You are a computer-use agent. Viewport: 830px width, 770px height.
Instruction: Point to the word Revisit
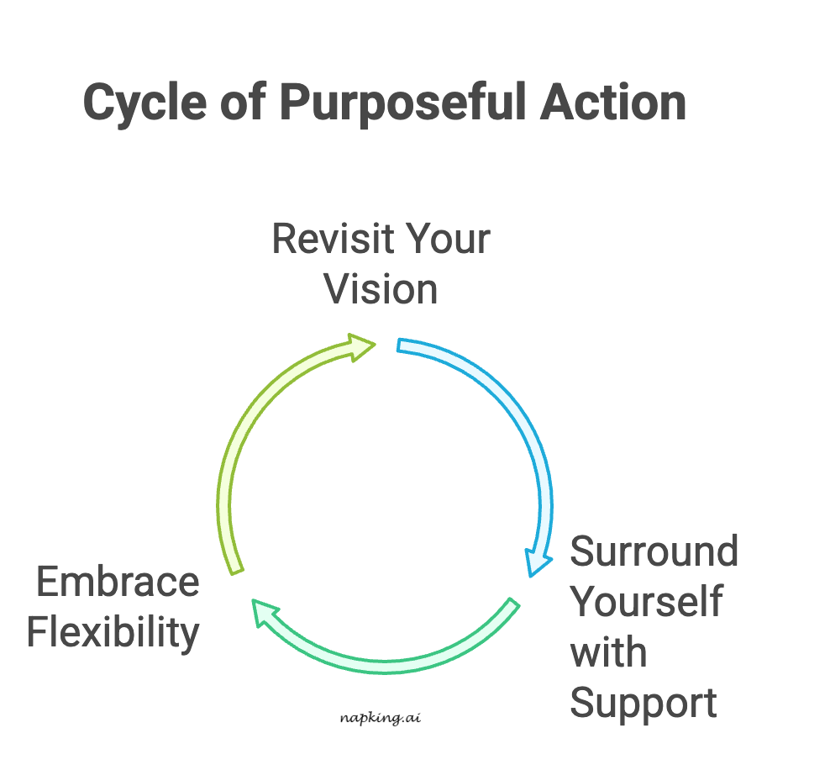click(323, 240)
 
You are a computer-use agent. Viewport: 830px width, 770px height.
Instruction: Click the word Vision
click(381, 290)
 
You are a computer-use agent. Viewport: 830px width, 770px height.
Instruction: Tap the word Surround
click(654, 552)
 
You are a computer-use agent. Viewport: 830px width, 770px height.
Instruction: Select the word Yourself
click(646, 602)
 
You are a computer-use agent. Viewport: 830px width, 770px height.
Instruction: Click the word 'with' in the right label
click(608, 652)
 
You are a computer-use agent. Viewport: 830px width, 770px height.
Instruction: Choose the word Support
click(644, 703)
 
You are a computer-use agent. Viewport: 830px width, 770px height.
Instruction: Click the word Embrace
click(118, 583)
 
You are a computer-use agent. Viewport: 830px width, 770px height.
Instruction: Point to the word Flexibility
click(113, 633)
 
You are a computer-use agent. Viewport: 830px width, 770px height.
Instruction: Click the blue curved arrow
click(521, 420)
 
